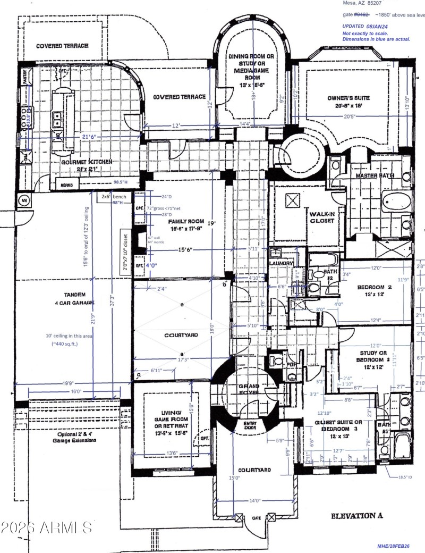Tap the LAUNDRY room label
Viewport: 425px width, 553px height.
281,263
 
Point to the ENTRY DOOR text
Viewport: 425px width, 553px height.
250,425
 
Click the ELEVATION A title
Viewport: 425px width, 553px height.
361,516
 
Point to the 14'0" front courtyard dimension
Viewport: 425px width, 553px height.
255,500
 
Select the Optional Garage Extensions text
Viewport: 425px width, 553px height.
77,437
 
